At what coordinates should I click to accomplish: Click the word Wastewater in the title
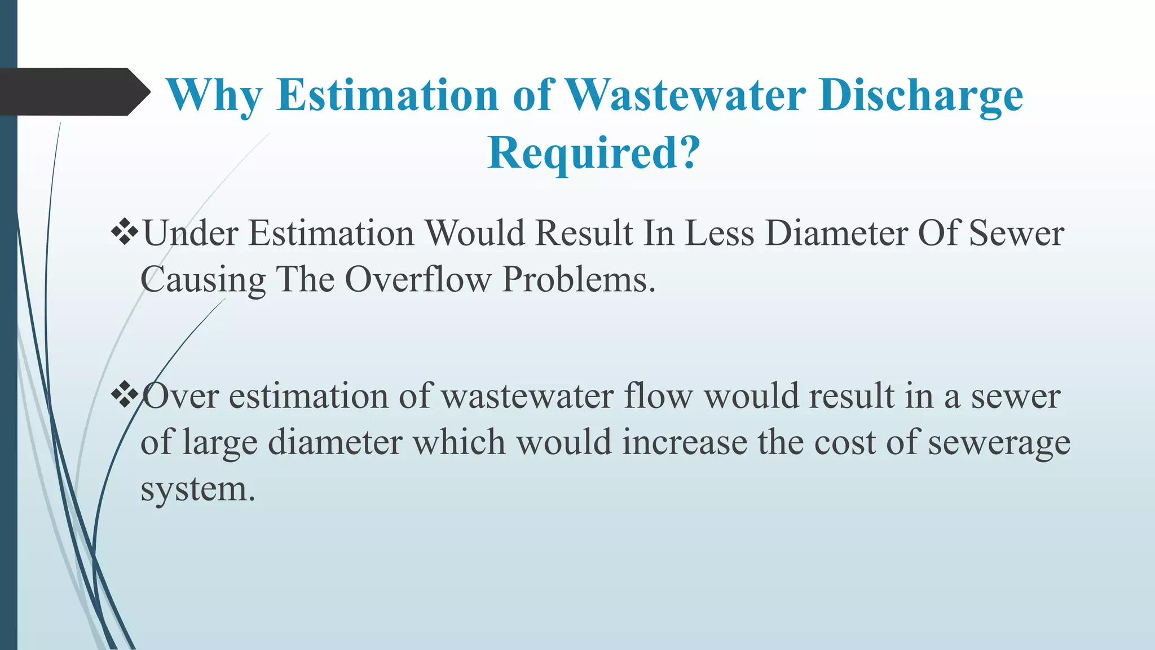pos(685,95)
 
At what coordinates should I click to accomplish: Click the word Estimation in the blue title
pos(387,95)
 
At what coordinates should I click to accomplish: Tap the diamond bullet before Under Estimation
pos(125,231)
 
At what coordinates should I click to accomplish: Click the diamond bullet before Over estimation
pos(125,394)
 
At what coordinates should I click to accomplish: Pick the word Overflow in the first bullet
pos(418,279)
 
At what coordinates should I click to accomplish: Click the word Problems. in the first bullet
pos(579,279)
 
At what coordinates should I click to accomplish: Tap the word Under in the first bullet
pos(191,232)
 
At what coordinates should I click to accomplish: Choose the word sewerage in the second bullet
pos(999,443)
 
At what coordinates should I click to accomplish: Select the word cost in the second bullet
pos(844,442)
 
